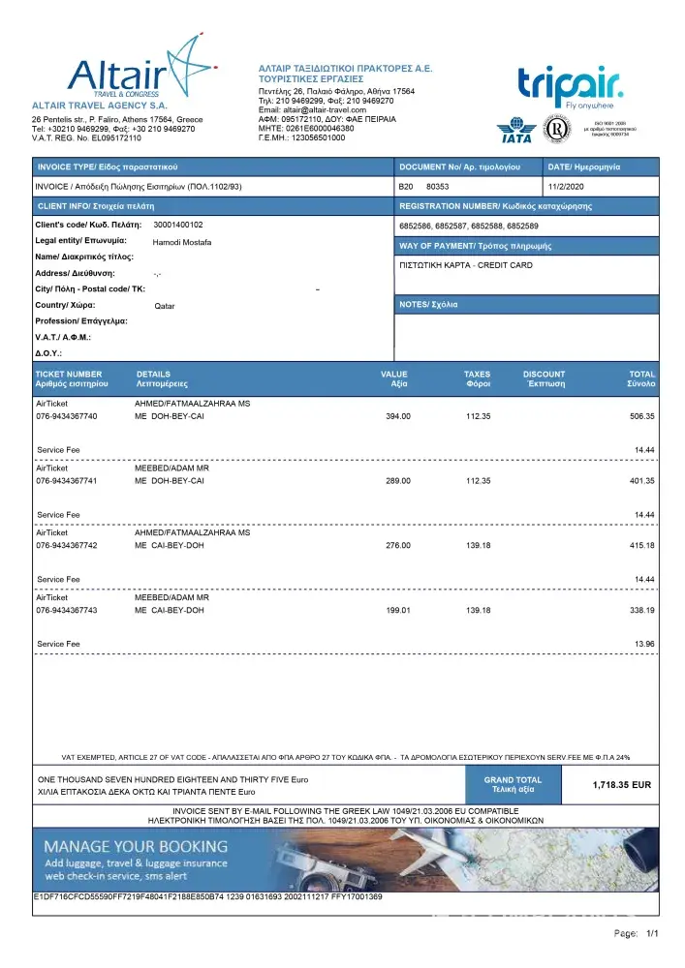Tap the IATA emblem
tap(515, 131)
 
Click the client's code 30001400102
tap(178, 225)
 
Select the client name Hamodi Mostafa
tap(182, 242)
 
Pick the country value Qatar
tap(165, 306)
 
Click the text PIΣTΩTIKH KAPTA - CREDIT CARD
tap(465, 265)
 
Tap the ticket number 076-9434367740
tap(67, 416)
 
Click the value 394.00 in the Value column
tap(398, 416)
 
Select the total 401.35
tap(641, 481)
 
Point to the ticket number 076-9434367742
tap(67, 546)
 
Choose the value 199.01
tap(398, 611)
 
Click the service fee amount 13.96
tap(644, 644)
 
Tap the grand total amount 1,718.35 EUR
tap(621, 785)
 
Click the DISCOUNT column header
tap(544, 375)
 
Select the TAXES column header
tap(477, 375)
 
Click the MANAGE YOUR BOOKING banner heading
tap(137, 846)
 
